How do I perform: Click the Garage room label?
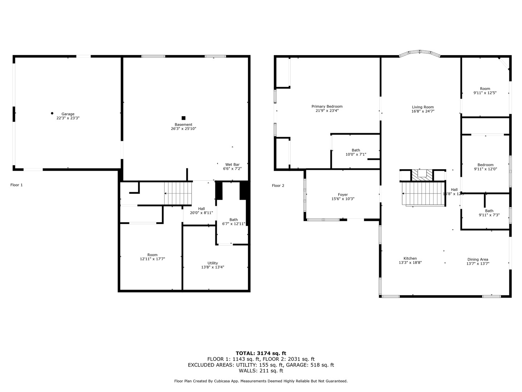tap(68, 114)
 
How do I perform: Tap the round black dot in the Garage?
tap(52, 113)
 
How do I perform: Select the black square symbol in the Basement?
tap(183, 118)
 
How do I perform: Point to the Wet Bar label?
tap(232, 164)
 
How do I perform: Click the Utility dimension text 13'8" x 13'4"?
tap(212, 267)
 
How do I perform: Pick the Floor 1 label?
tap(16, 185)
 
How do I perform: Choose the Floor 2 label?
tap(278, 186)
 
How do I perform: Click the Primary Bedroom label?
tap(327, 106)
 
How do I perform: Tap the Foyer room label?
tap(343, 195)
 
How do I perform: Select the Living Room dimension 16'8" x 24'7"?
tap(423, 111)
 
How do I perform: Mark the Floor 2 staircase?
tap(423, 194)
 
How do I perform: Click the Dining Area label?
tap(477, 260)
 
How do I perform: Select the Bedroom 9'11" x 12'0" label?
tap(485, 165)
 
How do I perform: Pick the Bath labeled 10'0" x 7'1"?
tap(356, 150)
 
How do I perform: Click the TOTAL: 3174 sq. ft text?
tap(261, 353)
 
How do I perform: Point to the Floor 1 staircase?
tap(178, 193)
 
